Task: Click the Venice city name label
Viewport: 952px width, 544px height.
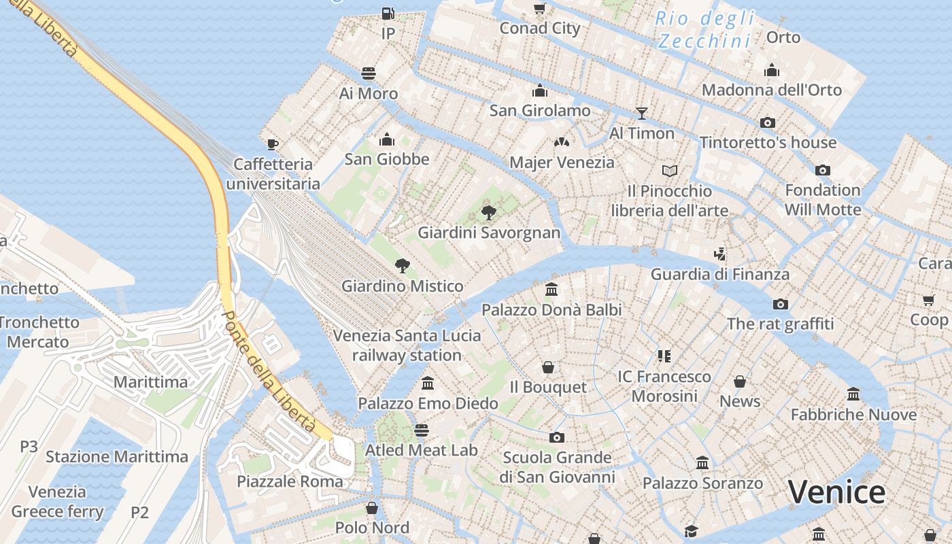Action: (836, 492)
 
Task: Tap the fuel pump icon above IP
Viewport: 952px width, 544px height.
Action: (388, 13)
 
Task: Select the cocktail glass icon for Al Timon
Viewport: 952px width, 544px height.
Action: (641, 113)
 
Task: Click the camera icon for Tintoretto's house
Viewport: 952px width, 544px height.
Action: (768, 122)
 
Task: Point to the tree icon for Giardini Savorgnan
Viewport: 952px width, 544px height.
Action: (488, 212)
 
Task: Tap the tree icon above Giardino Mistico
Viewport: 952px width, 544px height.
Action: (403, 265)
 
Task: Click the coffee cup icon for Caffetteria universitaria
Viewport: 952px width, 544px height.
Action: (273, 143)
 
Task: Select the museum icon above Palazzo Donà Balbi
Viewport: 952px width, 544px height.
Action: (551, 290)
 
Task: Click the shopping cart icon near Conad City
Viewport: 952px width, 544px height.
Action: (540, 8)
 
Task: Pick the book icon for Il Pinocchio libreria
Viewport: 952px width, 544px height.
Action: (670, 171)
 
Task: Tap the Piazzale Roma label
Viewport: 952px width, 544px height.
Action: (290, 481)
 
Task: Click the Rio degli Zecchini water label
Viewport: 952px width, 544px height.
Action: (705, 30)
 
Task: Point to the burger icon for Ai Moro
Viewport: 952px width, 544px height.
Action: (369, 73)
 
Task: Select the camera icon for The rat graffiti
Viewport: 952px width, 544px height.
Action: (781, 304)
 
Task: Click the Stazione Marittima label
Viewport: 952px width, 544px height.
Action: (117, 456)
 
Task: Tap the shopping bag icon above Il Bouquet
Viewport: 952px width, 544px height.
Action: (548, 367)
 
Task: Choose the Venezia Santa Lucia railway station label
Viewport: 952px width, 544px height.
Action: (407, 345)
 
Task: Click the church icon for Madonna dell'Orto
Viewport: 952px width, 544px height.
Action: (772, 70)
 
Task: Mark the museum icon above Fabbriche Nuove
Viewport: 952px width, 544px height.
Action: (853, 394)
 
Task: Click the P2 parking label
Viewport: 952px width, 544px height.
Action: (139, 512)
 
